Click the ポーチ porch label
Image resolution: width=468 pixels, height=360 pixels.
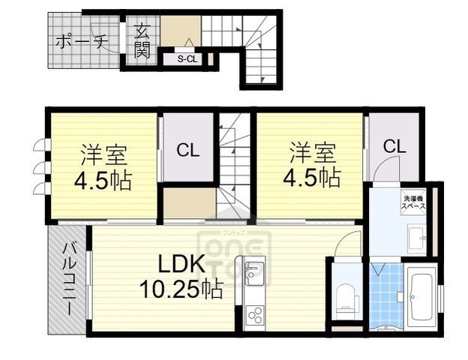point(82,41)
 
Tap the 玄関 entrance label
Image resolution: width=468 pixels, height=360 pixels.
point(142,40)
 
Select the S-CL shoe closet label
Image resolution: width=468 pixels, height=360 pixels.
point(187,59)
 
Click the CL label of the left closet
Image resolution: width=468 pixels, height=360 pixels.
point(187,150)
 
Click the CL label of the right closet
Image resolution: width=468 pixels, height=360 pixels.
point(394,145)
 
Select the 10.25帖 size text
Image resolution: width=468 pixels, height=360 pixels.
point(180,289)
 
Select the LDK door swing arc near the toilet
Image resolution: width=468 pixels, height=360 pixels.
point(348,243)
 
